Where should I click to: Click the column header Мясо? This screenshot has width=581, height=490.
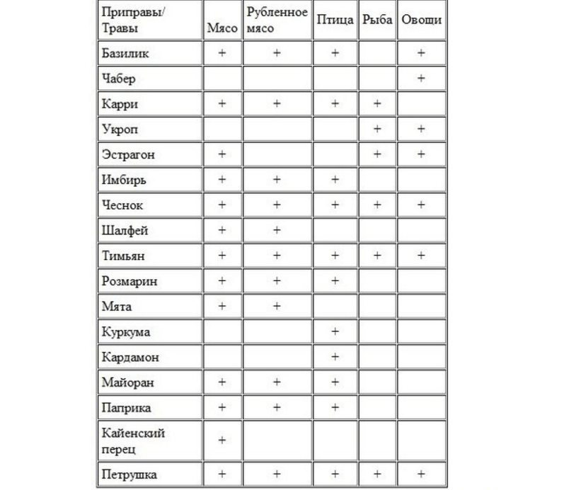point(222,28)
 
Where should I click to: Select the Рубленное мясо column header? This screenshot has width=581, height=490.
point(277,20)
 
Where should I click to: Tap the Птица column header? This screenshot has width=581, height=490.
point(335,20)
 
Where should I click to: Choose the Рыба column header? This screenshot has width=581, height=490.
point(376,20)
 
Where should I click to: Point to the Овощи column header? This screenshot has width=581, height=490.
point(421,20)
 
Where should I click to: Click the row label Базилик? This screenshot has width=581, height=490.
point(125,53)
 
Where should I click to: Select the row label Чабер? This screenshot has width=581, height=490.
point(118,79)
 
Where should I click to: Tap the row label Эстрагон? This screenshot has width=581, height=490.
point(128,154)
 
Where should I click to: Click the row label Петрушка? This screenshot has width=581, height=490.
point(129,474)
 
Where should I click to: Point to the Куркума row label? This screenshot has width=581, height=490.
point(126,331)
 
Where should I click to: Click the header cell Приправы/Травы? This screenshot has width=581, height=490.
point(130,20)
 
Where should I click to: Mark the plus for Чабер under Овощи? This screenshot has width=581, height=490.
point(421,79)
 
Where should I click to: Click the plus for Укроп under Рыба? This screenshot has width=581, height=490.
point(376,129)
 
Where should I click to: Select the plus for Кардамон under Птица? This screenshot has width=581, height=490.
point(335,357)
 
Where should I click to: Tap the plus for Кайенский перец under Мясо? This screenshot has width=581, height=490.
point(222,440)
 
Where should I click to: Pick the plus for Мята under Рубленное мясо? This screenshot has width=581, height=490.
point(277,306)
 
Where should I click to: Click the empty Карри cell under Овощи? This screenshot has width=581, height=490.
point(421,103)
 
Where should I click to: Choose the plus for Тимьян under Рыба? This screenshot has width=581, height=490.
point(376,256)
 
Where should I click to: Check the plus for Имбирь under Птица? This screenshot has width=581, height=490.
point(335,180)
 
